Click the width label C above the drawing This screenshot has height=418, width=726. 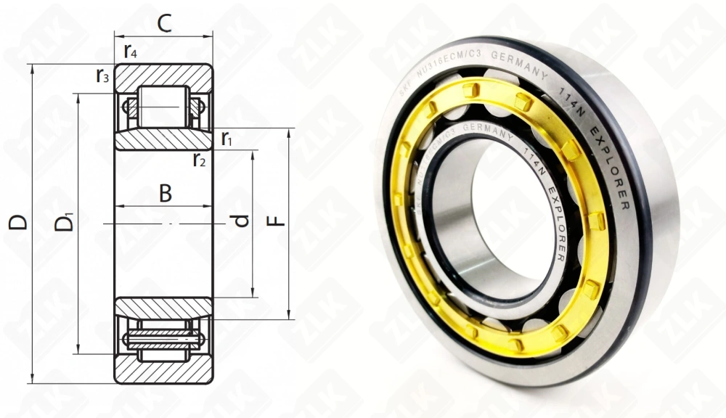point(164,24)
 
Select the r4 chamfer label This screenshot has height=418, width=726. point(130,52)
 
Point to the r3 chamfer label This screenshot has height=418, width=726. point(102,75)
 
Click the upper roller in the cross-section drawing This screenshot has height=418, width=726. point(163,107)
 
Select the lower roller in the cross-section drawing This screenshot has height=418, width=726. point(163,339)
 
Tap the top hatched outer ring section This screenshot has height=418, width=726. point(163,75)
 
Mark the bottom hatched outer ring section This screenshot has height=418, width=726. point(163,371)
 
